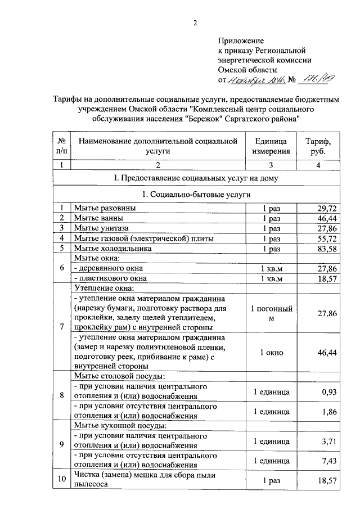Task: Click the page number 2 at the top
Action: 195,23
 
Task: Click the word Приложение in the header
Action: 240,41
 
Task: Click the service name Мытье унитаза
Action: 101,228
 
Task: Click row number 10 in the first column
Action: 62,480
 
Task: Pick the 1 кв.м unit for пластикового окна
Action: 271,278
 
